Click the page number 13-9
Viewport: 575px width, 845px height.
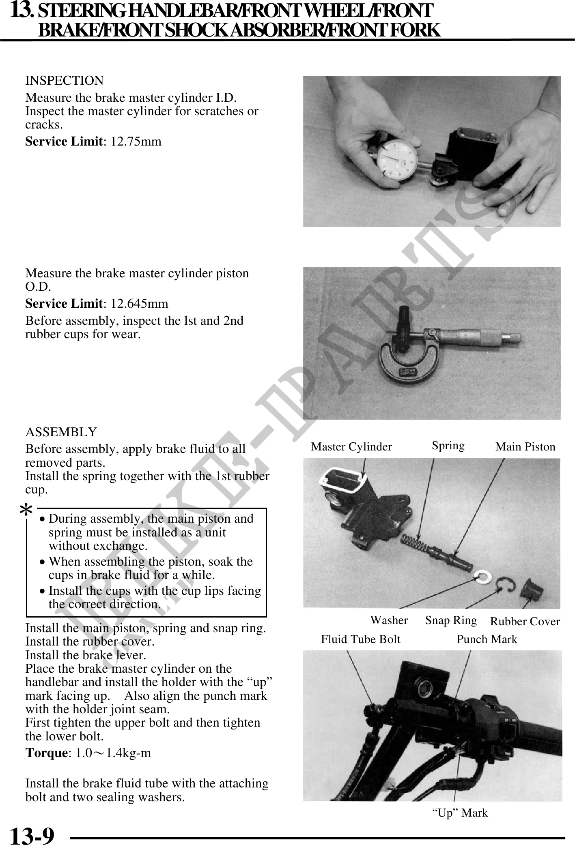pyautogui.click(x=32, y=834)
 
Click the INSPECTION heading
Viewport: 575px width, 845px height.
pyautogui.click(x=65, y=81)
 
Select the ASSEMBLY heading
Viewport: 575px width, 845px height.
pyautogui.click(x=61, y=432)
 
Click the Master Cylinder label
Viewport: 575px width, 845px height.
pyautogui.click(x=351, y=447)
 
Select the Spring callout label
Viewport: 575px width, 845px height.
pyautogui.click(x=448, y=446)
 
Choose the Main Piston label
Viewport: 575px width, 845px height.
pyautogui.click(x=525, y=447)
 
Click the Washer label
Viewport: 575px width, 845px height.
pyautogui.click(x=389, y=620)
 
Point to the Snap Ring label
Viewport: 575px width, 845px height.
pyautogui.click(x=451, y=620)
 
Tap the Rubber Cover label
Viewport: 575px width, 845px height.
pyautogui.click(x=525, y=621)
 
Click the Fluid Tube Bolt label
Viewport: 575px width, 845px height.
pyautogui.click(x=360, y=639)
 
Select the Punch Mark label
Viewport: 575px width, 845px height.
pyautogui.click(x=487, y=639)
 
